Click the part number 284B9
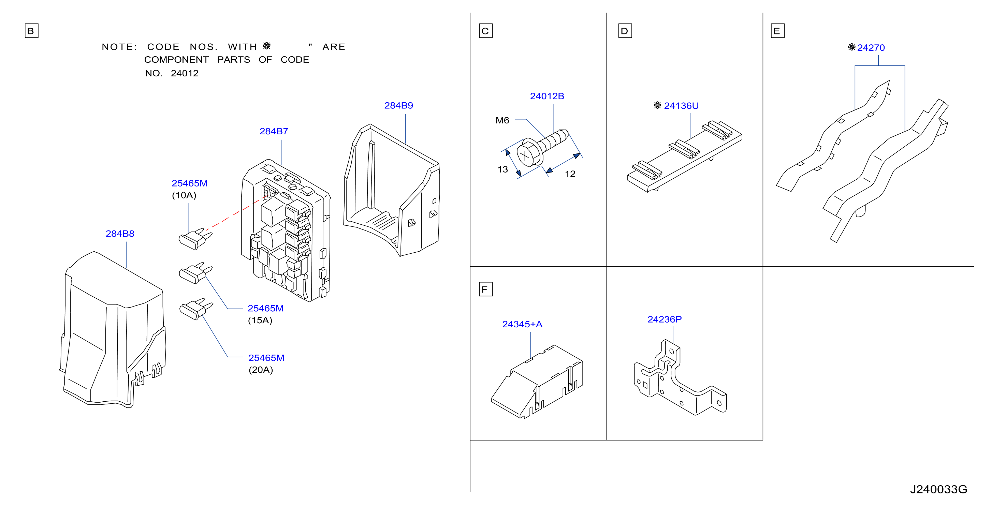coord(398,105)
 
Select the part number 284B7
coord(274,131)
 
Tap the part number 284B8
coord(120,234)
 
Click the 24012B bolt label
coord(547,96)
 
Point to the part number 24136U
coord(681,106)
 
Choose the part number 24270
coord(871,48)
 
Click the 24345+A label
coord(522,324)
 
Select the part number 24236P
coord(664,319)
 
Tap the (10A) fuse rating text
coord(184,195)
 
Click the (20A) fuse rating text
coord(261,370)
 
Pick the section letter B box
coord(31,31)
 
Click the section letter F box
coord(485,289)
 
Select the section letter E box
coord(777,31)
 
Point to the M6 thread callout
coord(502,120)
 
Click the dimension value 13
coord(502,169)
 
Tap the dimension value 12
coord(570,174)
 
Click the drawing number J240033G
coord(938,489)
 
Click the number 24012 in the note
coord(185,73)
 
